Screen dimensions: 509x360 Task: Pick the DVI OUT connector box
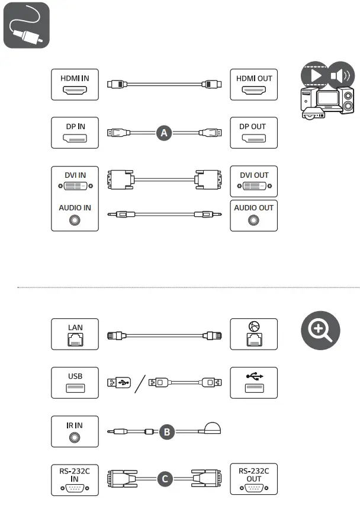coord(253,182)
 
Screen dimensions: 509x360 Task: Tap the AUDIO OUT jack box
coord(253,215)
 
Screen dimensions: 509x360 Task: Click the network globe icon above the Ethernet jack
coord(253,325)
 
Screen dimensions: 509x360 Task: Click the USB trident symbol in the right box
coord(253,375)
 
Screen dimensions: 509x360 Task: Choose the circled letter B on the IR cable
coord(166,433)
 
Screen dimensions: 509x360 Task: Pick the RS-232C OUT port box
coord(253,479)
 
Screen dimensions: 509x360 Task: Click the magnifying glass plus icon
coord(320,330)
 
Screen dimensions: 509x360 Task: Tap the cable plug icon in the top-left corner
coord(26,25)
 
